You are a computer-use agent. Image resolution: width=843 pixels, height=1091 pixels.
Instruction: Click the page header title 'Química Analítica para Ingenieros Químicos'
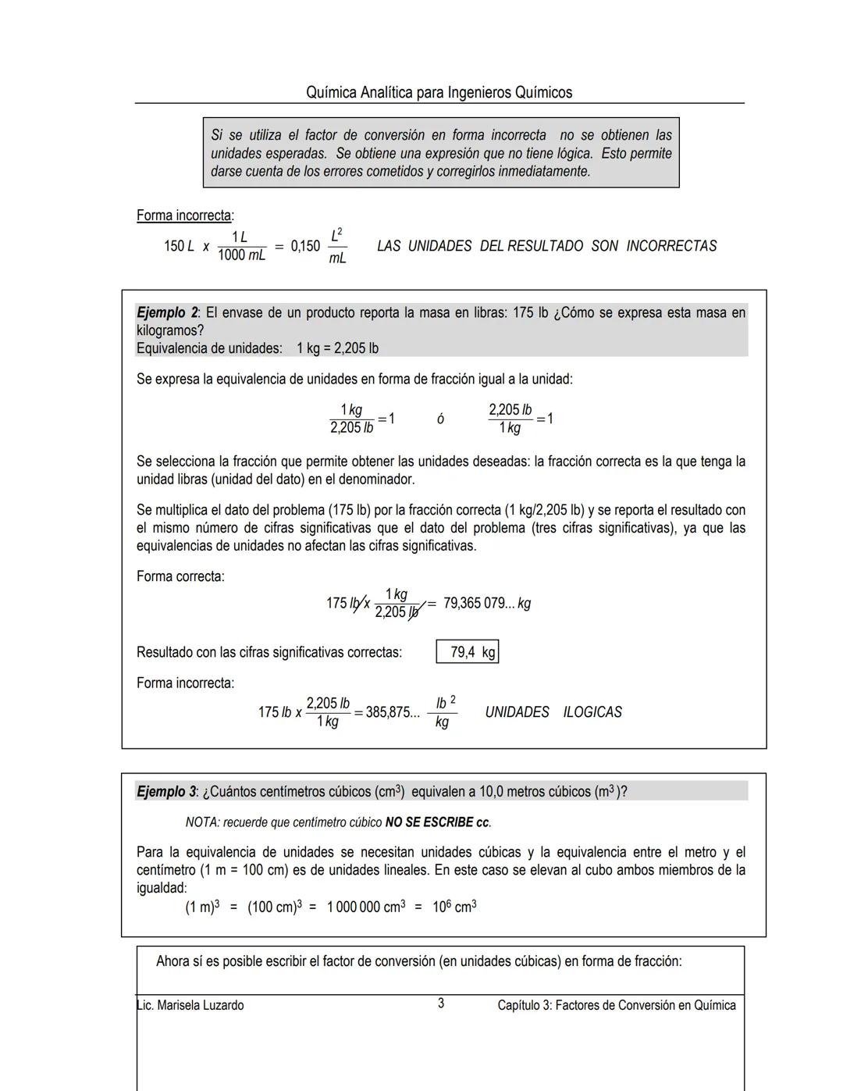(439, 93)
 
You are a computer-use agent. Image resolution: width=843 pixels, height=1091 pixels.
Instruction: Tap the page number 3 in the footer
(441, 1004)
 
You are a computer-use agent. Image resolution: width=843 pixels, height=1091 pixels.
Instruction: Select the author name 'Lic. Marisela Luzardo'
(190, 1005)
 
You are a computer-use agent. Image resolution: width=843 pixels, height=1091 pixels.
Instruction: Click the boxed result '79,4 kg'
(468, 652)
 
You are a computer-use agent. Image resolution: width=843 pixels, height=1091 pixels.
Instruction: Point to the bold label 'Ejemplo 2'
(166, 313)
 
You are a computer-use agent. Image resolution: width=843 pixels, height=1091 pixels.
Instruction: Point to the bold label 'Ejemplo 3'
(166, 792)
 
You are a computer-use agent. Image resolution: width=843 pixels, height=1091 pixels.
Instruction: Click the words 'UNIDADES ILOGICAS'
(553, 712)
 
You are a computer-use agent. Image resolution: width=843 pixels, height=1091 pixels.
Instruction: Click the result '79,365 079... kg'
(487, 604)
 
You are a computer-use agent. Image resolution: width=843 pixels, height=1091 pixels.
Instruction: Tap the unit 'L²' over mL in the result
(336, 236)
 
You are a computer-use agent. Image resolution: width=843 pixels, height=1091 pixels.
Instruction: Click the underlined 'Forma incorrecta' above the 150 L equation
(184, 216)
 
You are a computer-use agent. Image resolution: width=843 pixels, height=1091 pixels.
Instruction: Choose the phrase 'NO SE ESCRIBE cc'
(438, 822)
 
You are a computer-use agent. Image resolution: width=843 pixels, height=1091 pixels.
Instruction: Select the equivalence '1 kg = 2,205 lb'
(337, 348)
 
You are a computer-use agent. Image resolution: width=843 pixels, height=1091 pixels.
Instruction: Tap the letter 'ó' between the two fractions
(440, 420)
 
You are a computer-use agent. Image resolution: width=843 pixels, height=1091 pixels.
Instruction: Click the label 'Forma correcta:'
(180, 576)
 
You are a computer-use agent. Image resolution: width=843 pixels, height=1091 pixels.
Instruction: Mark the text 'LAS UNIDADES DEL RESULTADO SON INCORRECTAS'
(546, 246)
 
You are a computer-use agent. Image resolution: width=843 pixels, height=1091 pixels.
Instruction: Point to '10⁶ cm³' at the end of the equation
(454, 907)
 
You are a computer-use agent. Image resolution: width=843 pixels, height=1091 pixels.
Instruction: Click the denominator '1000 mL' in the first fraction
(241, 255)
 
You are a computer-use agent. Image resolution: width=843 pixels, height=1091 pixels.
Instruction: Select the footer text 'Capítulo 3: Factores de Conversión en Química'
(617, 1005)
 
